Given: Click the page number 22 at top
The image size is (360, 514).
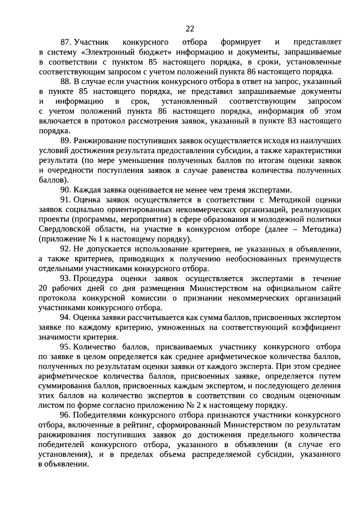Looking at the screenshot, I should point(190,29).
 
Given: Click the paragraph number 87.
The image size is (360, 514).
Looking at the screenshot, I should point(65,43).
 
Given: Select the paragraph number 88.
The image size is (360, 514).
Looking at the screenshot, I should point(65,82).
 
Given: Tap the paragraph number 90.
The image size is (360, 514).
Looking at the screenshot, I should point(65,190).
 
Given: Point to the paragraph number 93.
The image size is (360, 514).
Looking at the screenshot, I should point(65,279).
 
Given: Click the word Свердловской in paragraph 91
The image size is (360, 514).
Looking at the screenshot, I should point(65,230).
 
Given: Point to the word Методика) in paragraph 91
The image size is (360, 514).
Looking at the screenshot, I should point(322,230).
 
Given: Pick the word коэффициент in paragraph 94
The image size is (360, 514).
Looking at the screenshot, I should point(316,328).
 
